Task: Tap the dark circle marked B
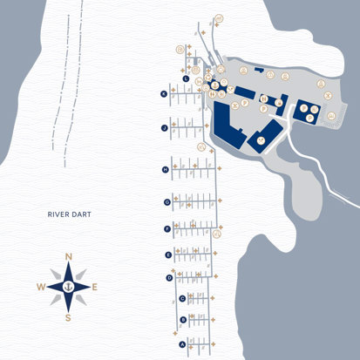pos(182,320)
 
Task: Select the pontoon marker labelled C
pos(181,298)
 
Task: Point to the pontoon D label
pos(169,277)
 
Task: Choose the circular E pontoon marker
pos(168,255)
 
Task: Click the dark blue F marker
pos(166,229)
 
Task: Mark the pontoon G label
pos(166,201)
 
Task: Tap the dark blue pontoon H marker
pos(165,170)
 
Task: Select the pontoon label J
pos(164,127)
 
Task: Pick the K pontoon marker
pos(163,93)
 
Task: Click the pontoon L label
pos(187,78)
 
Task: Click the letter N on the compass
pos(68,255)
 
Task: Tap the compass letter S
pos(68,317)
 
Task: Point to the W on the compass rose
pos(40,287)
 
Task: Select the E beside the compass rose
pos(95,287)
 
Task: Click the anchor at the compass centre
pos(68,286)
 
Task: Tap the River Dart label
pos(70,214)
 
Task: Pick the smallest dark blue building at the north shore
pos(259,69)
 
